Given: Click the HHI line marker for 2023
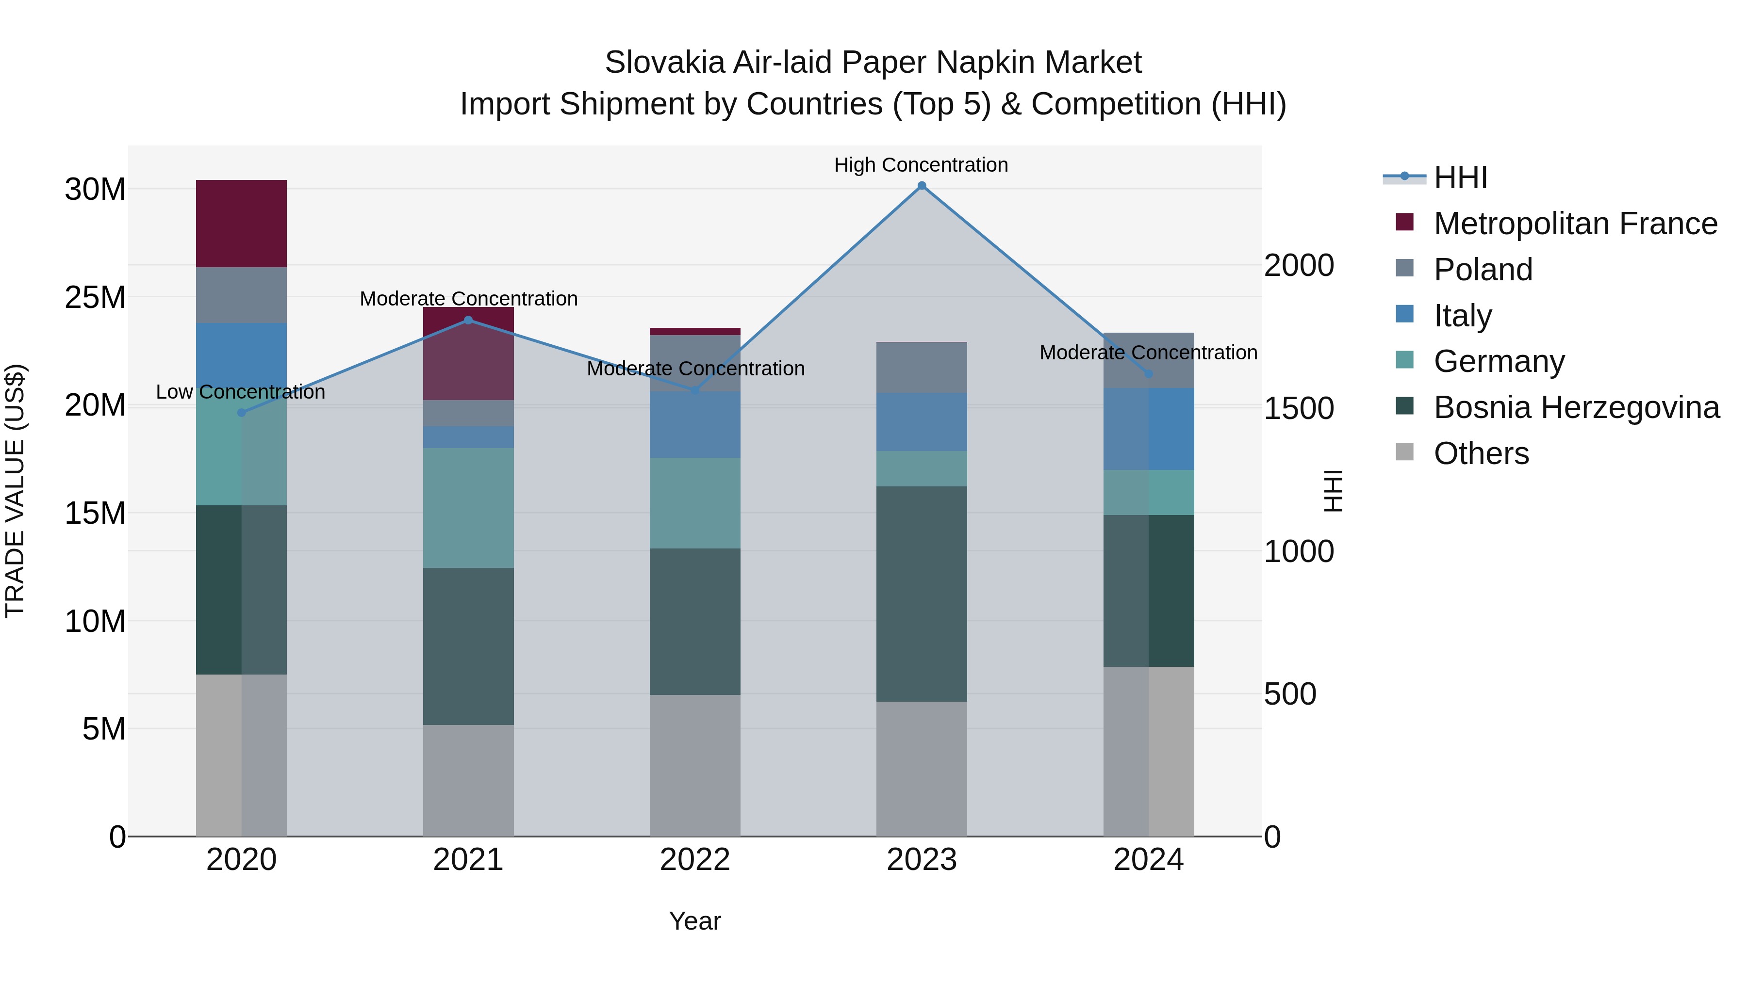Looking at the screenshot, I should tap(921, 186).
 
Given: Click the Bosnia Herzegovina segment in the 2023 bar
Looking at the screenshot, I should tap(921, 593).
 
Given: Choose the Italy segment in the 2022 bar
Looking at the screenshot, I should tap(694, 424).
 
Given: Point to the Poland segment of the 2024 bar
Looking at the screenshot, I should tap(1148, 360).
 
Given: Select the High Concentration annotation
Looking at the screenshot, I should tap(921, 165).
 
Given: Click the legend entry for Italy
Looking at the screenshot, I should tap(1462, 315).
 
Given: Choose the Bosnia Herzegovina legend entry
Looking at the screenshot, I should tap(1575, 407).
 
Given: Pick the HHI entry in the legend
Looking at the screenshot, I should tap(1460, 177).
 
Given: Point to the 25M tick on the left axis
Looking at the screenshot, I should tap(95, 298).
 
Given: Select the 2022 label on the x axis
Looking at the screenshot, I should tap(694, 860).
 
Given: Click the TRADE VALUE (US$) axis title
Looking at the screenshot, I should tap(15, 491).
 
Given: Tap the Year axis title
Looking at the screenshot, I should tap(694, 921).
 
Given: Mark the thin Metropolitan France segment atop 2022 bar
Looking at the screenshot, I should tap(694, 331).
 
